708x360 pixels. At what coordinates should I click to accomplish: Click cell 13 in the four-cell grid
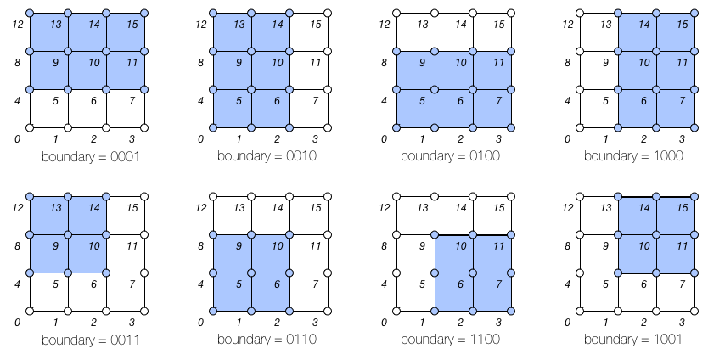[x=49, y=216]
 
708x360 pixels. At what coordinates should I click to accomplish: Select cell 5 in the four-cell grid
[x=233, y=292]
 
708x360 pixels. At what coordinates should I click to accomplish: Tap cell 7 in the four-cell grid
[x=492, y=292]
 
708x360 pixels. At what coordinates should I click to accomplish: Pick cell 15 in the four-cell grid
[x=676, y=216]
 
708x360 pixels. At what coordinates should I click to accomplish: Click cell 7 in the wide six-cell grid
[x=492, y=109]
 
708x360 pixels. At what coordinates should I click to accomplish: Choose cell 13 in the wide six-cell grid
[x=49, y=32]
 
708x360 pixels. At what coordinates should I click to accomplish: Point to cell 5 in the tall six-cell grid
[x=233, y=109]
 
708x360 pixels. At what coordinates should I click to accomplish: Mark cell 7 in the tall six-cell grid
[x=676, y=109]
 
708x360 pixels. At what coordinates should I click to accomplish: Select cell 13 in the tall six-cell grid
[x=233, y=32]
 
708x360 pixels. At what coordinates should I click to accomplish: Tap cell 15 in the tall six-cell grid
[x=676, y=32]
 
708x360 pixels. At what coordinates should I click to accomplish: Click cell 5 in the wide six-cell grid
[x=416, y=109]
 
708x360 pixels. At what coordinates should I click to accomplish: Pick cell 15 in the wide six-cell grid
[x=126, y=32]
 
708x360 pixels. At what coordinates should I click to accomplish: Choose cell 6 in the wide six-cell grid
[x=454, y=109]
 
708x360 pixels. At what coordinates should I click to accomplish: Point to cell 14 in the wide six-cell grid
[x=87, y=32]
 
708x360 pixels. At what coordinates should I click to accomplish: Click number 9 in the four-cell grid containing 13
[x=56, y=246]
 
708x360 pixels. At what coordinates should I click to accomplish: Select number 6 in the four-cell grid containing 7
[x=460, y=284]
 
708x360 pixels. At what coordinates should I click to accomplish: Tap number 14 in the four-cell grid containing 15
[x=644, y=208]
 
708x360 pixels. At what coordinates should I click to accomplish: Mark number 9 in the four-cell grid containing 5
[x=239, y=246]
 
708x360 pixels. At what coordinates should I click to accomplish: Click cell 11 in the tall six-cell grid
[x=676, y=70]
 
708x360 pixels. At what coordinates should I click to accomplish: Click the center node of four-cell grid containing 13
[x=68, y=235]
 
